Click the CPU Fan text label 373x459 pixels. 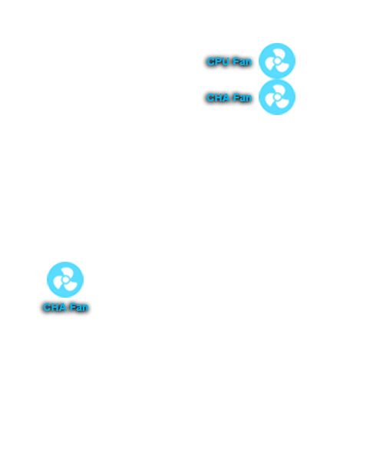click(229, 61)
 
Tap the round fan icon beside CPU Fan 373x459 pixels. click(277, 61)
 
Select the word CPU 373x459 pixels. click(218, 61)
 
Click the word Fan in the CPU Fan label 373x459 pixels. click(242, 61)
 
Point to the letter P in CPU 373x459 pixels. click(218, 61)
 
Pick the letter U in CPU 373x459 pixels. click(226, 61)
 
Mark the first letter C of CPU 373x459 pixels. click(210, 61)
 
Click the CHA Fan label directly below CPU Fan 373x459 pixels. click(229, 97)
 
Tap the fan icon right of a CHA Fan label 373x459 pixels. click(277, 97)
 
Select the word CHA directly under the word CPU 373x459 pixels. click(218, 97)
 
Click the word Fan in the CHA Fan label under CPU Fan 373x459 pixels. click(243, 97)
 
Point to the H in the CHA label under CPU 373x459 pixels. click(219, 97)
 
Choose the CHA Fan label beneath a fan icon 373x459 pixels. click(65, 307)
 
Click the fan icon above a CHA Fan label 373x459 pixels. click(65, 279)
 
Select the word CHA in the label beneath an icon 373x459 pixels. click(54, 307)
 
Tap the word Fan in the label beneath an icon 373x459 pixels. click(79, 307)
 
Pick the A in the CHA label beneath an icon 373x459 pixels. click(63, 307)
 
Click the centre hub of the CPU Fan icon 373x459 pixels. click(277, 61)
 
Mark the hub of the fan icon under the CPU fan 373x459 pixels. click(277, 97)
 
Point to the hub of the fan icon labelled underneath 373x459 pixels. click(65, 279)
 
